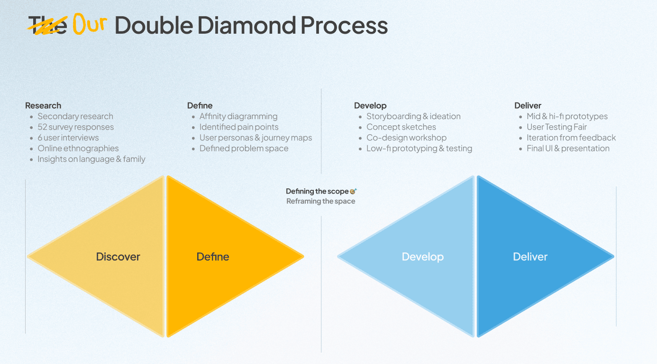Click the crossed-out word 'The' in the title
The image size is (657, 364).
(47, 26)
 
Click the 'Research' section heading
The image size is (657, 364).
(43, 105)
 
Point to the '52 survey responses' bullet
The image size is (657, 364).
(76, 127)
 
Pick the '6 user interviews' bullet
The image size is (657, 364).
(68, 138)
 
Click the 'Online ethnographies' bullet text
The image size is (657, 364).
(78, 149)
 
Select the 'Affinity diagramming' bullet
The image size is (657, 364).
(238, 116)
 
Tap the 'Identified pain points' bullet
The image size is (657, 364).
(239, 127)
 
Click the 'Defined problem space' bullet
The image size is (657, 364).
(244, 149)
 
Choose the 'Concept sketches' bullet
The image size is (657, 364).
(401, 127)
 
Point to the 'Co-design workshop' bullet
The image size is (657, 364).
(406, 138)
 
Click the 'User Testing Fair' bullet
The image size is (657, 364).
(557, 127)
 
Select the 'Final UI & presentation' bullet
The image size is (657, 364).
(568, 149)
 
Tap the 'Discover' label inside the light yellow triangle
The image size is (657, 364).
(118, 257)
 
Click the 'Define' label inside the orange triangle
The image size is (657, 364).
(213, 257)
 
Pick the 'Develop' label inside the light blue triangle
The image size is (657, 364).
(423, 257)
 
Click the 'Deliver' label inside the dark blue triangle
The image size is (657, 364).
(530, 257)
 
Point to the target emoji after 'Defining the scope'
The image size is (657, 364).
(353, 191)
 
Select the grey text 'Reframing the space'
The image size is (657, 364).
(320, 201)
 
